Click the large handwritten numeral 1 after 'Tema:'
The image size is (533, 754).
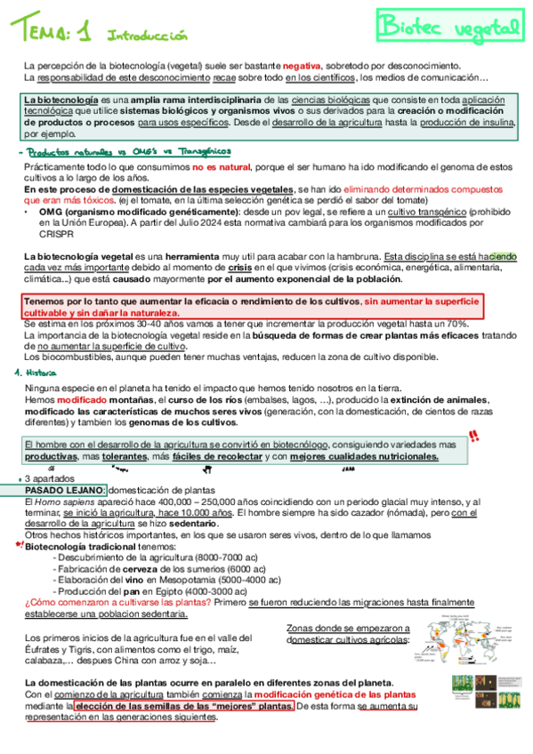tap(85, 34)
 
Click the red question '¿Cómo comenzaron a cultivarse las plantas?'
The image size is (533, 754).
tap(117, 602)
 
